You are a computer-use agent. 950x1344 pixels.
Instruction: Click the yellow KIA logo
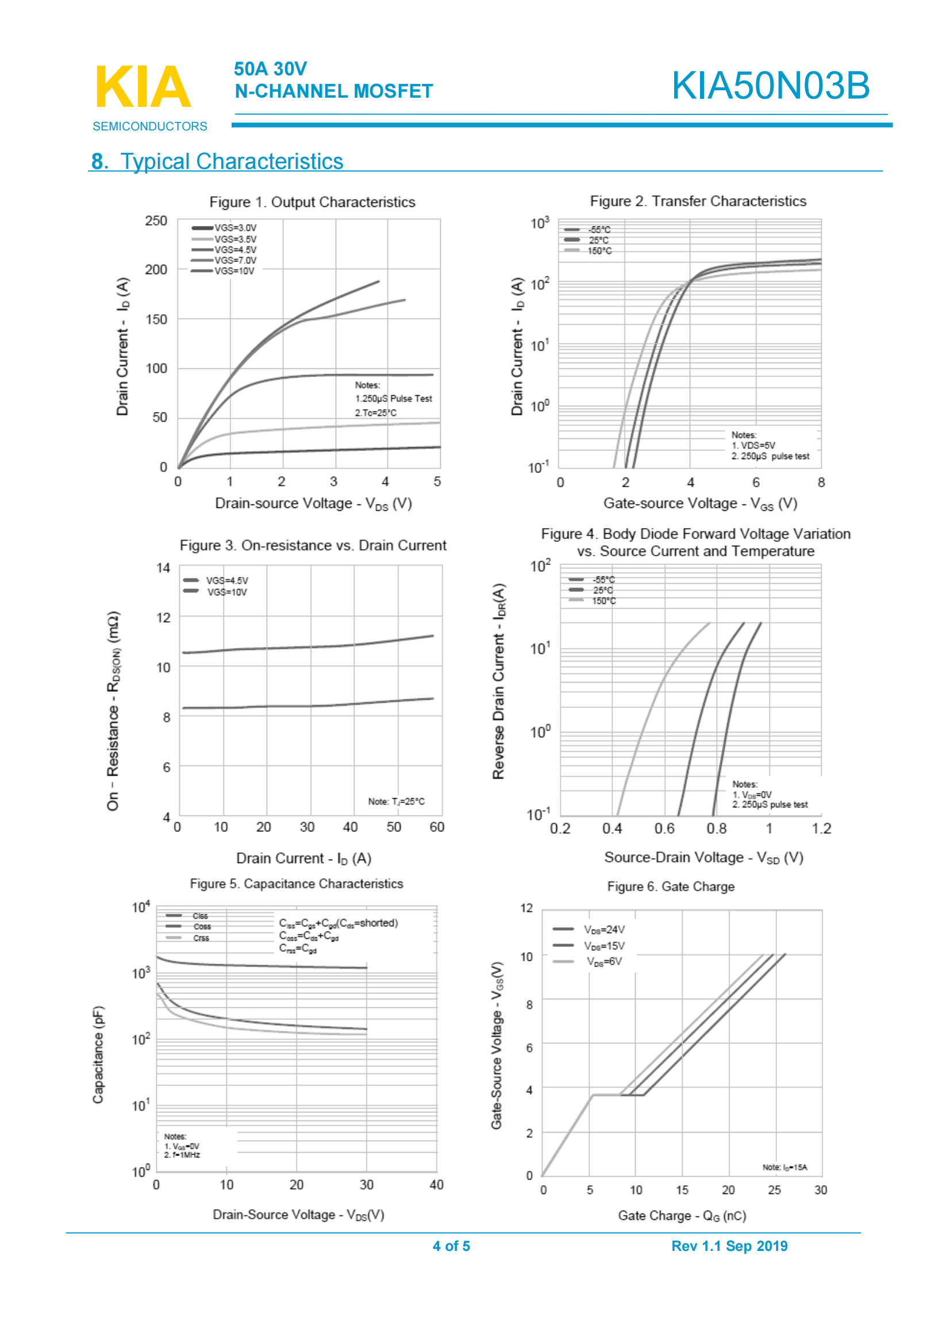tap(143, 87)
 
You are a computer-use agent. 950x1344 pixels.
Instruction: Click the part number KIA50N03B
tap(770, 86)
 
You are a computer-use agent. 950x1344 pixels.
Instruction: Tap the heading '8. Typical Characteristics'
tap(217, 161)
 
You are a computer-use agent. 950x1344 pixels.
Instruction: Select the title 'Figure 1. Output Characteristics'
tap(312, 202)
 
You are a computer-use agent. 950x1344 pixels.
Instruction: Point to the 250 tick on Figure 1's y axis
tap(156, 221)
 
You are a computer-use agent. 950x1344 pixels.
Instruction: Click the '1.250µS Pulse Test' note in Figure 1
tap(393, 399)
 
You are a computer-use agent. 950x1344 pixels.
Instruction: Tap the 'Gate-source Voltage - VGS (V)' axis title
tap(700, 503)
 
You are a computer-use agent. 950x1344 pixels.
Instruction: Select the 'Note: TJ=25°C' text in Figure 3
tap(397, 802)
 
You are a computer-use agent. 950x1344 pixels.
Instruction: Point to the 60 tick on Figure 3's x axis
tap(437, 827)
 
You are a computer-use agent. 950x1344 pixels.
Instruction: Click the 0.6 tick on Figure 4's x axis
tap(664, 829)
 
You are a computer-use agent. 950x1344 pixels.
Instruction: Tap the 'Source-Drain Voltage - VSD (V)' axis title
tap(703, 857)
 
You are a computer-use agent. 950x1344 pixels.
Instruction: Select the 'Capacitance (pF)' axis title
tap(98, 1054)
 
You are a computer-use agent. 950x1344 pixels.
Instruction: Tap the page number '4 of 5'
tap(451, 1246)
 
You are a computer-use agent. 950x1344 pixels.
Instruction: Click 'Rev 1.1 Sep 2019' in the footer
tap(729, 1246)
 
